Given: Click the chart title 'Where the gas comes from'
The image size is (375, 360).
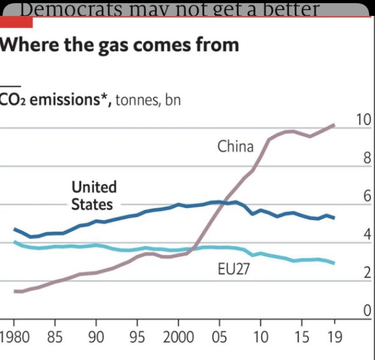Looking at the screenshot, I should [120, 45].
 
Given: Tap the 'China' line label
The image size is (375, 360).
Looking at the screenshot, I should [235, 147].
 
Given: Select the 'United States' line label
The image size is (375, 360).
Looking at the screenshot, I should [94, 195].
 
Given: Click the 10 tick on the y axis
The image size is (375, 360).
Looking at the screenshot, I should [362, 120].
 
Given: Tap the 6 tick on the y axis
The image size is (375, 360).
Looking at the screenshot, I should [366, 197].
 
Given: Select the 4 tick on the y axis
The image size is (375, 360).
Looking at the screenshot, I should [366, 235].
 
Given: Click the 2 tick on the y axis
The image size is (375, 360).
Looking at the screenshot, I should [366, 273].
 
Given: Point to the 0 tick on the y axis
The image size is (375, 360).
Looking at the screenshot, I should [366, 312].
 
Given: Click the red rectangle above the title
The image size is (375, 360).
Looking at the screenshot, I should [16, 22].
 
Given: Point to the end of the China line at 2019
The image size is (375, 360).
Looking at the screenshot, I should [334, 125].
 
